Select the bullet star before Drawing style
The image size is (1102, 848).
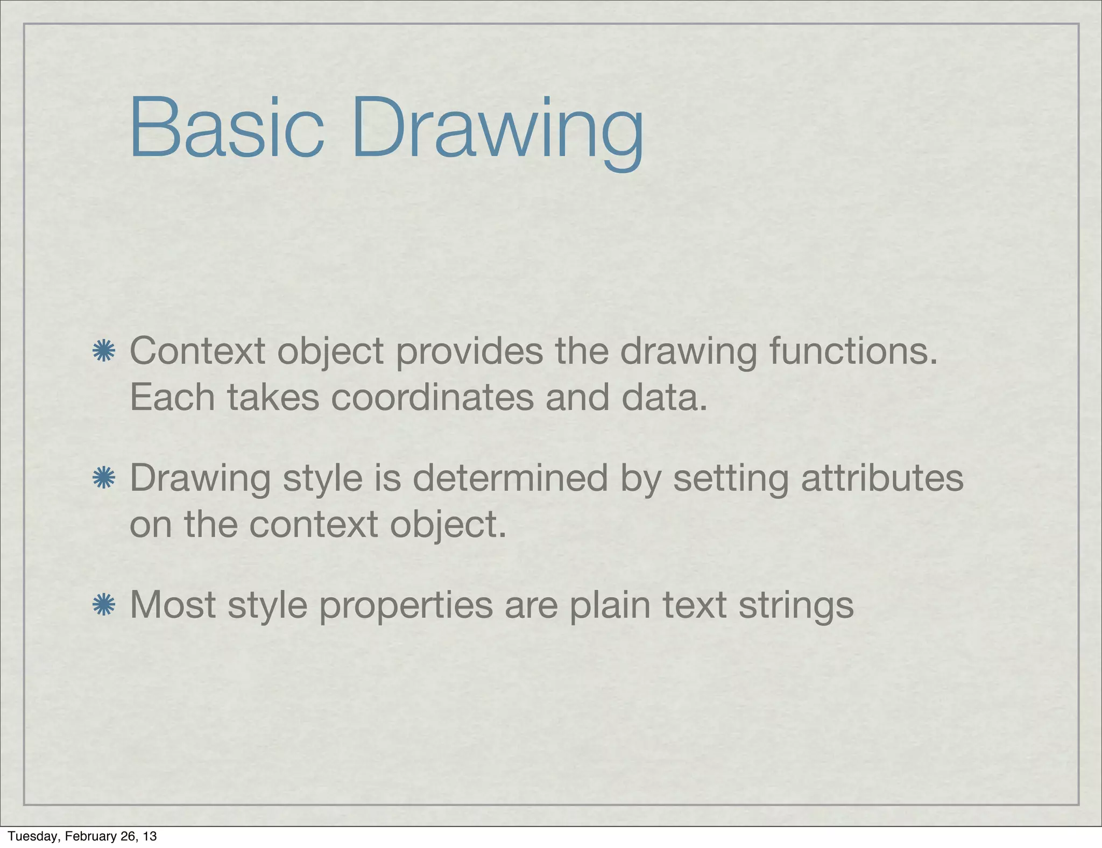104,478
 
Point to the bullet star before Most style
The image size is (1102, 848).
104,605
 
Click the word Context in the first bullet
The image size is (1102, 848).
197,351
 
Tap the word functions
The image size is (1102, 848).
853,351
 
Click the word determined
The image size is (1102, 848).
510,478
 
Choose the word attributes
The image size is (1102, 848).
882,478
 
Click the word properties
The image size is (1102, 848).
406,605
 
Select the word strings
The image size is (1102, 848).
796,605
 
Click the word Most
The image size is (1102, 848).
173,605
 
